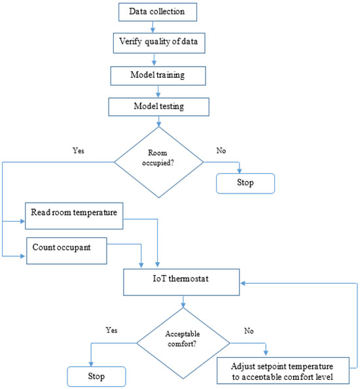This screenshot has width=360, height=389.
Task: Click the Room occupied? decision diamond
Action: [x=160, y=161]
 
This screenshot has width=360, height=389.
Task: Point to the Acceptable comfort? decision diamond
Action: [x=183, y=341]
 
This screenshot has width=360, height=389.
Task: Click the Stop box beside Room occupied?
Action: [x=245, y=183]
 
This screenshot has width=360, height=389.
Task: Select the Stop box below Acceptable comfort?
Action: [x=97, y=377]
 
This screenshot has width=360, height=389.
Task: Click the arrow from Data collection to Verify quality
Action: [x=153, y=26]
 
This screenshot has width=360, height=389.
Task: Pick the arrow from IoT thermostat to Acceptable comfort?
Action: [x=183, y=301]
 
